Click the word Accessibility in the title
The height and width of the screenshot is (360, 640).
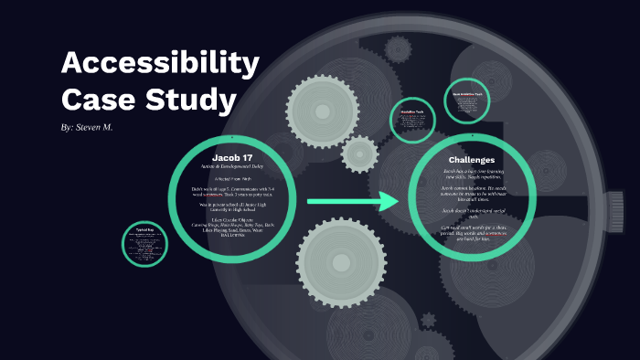pyautogui.click(x=160, y=65)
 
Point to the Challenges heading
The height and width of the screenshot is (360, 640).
pyautogui.click(x=472, y=159)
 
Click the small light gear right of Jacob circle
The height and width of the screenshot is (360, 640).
pyautogui.click(x=359, y=153)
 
